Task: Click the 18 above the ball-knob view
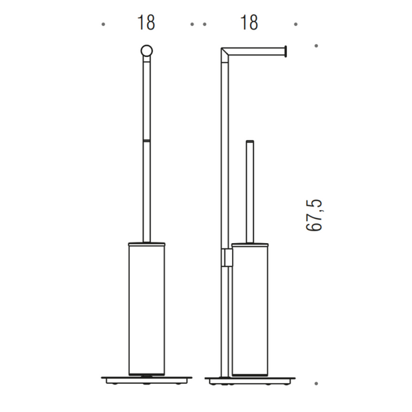click(146, 23)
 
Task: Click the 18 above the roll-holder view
click(249, 23)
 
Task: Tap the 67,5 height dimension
click(315, 215)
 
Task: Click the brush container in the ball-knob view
click(146, 309)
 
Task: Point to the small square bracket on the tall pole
click(227, 257)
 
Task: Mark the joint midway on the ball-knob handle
click(146, 139)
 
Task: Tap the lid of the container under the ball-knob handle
click(146, 242)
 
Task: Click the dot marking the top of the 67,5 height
click(315, 47)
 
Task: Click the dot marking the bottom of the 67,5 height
click(315, 383)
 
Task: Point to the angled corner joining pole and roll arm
click(225, 51)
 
